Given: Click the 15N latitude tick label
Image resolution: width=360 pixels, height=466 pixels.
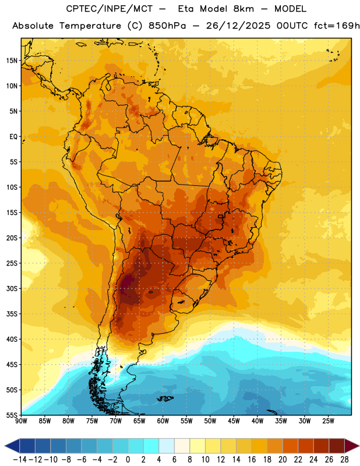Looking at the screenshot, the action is pos(12,61).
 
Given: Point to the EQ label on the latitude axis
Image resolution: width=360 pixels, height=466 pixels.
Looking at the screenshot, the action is pos(13,137).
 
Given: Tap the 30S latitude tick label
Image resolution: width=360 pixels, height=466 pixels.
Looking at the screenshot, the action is pos(12,288).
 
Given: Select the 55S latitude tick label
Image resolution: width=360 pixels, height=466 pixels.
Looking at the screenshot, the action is pos(12,415).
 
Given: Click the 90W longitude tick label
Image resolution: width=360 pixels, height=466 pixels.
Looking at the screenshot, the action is pos(21,421).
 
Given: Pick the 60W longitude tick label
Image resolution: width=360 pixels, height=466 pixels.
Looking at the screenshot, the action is pos(163,421).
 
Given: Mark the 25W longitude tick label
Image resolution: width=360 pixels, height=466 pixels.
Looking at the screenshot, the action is pos(328,421).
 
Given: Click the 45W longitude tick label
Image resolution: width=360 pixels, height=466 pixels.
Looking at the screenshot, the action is pos(234,421).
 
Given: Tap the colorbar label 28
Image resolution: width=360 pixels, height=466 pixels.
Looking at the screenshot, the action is pos(344,460).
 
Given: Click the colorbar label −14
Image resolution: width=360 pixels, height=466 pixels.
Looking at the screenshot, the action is pos(20,460).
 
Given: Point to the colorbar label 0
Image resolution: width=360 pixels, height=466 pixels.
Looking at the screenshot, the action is pos(128,460).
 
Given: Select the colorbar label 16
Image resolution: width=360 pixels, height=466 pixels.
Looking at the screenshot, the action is pos(252,460).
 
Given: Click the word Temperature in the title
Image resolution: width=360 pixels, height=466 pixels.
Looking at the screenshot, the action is pos(90,26).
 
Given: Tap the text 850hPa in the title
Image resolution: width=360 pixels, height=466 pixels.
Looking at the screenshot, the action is pos(167,26).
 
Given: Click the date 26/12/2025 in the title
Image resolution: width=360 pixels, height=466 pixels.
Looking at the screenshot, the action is pos(238,26).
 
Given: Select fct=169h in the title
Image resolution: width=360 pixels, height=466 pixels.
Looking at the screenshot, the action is pos(337,26).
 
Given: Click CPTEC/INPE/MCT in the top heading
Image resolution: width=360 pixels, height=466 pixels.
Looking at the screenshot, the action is pos(109,9).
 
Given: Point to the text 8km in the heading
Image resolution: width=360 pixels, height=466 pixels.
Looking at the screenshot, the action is pos(243,9).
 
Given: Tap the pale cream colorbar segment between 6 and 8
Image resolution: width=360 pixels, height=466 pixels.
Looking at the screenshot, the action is pos(182,446).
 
